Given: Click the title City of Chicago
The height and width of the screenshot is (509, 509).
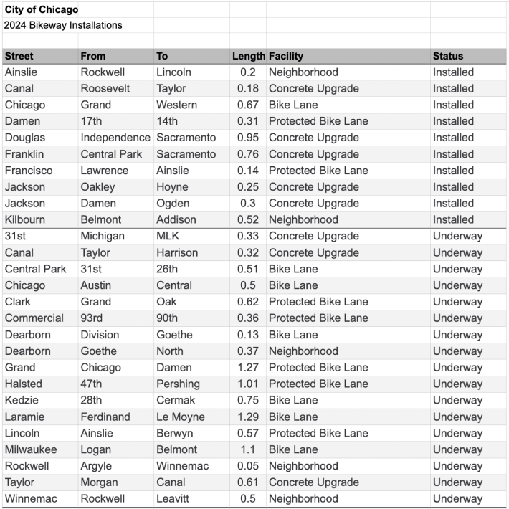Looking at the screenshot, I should tap(42, 10).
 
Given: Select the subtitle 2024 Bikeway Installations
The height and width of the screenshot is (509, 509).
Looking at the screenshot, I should tap(63, 25).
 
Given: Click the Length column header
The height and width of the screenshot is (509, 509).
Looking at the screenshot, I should tap(248, 56).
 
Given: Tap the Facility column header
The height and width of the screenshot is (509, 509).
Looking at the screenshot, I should tap(286, 56).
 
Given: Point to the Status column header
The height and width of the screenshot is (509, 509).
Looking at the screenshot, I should tap(448, 56).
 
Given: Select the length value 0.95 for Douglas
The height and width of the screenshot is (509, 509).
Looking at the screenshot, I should tap(248, 138).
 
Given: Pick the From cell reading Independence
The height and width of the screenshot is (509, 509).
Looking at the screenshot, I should tap(115, 138).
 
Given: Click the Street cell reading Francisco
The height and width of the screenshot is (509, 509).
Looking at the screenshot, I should tap(29, 171).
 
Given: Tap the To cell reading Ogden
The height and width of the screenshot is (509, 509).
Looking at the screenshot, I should tap(173, 204).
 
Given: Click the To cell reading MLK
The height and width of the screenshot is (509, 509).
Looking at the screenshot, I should tap(168, 236).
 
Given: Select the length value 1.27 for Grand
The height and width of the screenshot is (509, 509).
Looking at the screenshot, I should tap(248, 368).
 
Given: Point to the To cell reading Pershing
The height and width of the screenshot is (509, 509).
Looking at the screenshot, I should tap(178, 384).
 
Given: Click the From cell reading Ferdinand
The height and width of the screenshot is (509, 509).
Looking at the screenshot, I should tap(105, 417).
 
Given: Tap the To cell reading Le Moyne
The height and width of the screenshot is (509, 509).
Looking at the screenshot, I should tap(180, 417).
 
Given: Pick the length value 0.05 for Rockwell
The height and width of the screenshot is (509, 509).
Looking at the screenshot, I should tap(248, 466).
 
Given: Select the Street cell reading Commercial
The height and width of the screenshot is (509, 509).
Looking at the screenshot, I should tap(34, 318).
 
